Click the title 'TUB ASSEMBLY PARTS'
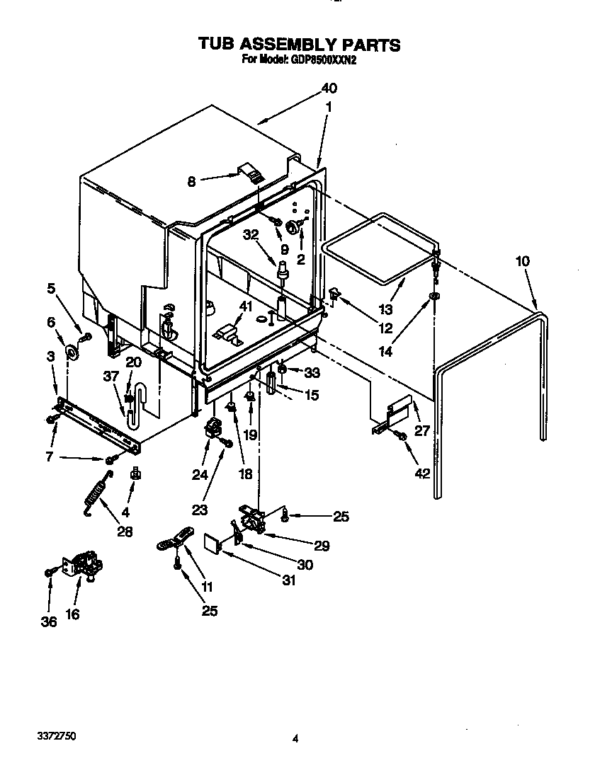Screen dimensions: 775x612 tap(300, 45)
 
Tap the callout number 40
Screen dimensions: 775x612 tap(329, 88)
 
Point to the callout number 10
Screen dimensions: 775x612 tap(522, 261)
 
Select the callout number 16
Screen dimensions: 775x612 tap(72, 614)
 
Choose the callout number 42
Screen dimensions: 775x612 tap(421, 473)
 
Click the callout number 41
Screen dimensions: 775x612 tap(246, 306)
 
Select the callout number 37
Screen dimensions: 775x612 tap(110, 376)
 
